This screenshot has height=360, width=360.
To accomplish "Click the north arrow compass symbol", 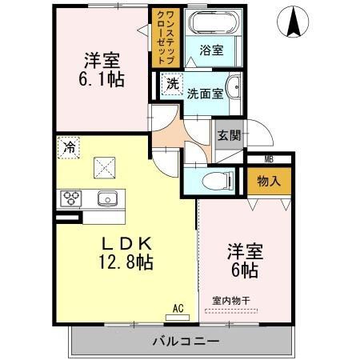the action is (293, 22).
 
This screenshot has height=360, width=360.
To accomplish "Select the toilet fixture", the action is (218, 181).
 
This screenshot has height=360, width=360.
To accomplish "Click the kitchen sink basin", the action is (107, 199).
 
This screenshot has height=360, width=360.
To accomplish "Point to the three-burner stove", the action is (71, 198).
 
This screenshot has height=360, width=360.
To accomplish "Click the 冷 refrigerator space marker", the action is (69, 147).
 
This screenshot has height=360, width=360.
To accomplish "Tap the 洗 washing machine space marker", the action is (172, 84).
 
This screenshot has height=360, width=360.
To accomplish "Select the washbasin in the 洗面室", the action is (234, 86).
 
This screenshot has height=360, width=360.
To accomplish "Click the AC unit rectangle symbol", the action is (178, 318).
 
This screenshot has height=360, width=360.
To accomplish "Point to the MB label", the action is (269, 160).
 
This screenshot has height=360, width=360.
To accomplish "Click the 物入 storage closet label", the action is (269, 182).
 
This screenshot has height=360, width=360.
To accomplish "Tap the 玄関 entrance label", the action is (229, 135).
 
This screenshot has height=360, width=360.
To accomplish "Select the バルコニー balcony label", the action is (186, 341).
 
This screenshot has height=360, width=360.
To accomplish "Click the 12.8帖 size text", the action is (126, 262).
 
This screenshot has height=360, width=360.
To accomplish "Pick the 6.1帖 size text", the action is (102, 79).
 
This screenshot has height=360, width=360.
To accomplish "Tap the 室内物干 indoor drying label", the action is (231, 301).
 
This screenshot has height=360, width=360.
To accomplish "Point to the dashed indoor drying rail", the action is (231, 311).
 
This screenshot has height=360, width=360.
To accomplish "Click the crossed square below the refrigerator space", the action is (104, 167).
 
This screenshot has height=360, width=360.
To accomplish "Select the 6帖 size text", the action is (245, 270).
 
